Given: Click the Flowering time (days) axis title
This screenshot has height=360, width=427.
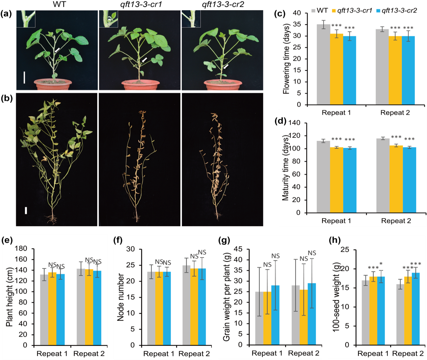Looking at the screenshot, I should click(x=286, y=59).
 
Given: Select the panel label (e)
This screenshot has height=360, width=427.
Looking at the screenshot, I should click(x=7, y=240).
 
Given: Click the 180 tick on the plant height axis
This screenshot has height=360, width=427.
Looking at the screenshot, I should click(x=21, y=249).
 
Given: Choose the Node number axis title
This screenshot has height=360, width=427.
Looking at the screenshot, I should click(x=120, y=297).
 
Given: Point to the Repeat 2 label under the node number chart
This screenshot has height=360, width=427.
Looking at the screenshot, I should click(x=194, y=354).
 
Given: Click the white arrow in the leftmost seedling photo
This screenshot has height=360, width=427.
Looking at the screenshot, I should click(x=57, y=50).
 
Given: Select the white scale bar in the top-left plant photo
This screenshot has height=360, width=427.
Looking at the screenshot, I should click(x=24, y=77).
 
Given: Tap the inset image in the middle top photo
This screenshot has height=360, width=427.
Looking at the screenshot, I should click(x=108, y=19).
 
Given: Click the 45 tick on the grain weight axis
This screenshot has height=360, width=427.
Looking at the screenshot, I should click(x=238, y=249).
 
